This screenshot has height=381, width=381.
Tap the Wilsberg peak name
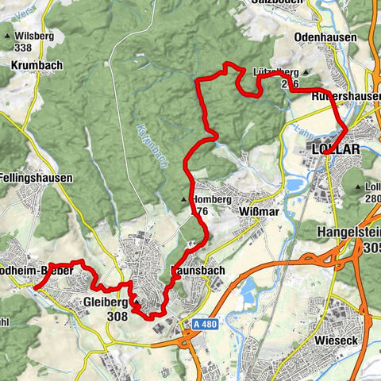[x=34, y=36]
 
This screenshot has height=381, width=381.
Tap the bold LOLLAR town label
[x=336, y=149]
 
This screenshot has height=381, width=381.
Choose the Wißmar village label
[x=257, y=212]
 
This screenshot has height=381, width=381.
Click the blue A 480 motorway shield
[x=205, y=324]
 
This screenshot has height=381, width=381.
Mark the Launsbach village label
[x=198, y=271]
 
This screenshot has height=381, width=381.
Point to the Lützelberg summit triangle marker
[x=306, y=72]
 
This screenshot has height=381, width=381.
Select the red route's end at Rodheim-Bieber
[x=36, y=289]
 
